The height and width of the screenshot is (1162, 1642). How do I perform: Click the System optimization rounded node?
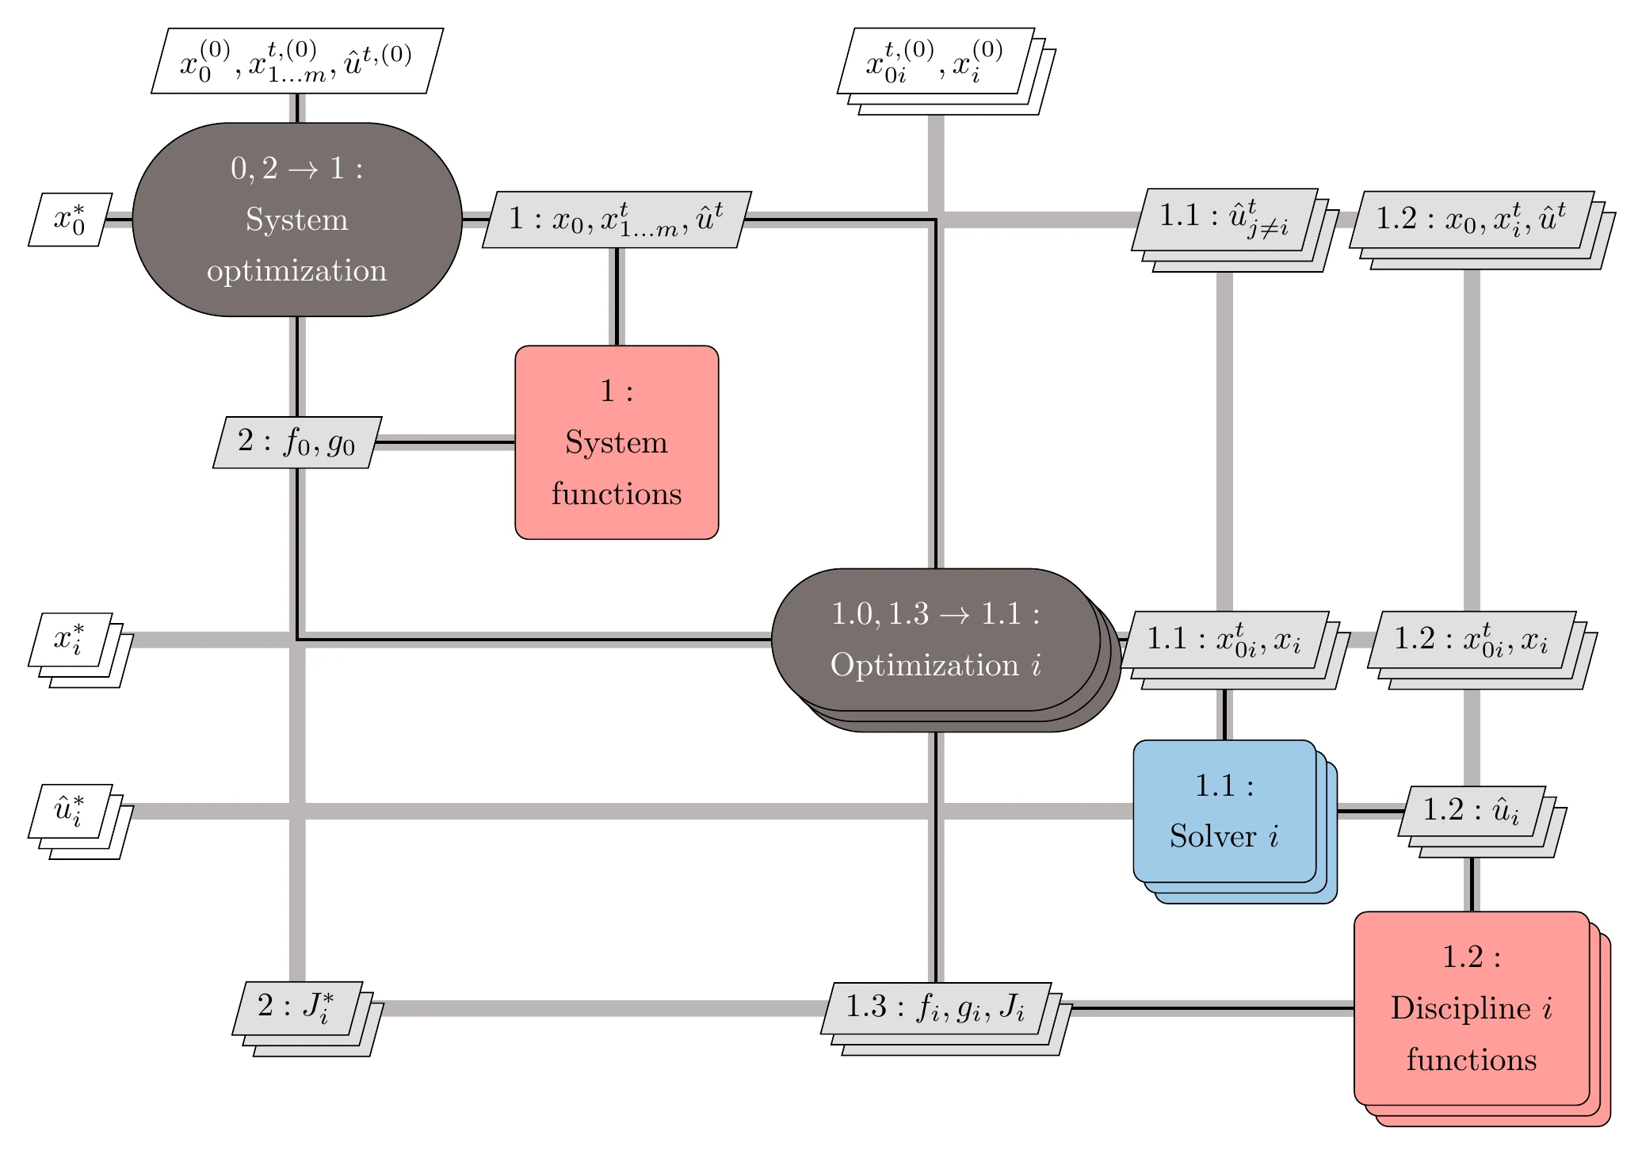296,220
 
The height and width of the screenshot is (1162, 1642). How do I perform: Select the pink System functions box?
616,442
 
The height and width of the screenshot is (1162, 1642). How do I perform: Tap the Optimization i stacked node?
935,640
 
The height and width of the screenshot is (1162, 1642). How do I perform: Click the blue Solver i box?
1224,811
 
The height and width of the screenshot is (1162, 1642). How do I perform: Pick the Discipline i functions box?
1471,1008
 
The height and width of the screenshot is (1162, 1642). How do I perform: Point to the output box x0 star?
70,220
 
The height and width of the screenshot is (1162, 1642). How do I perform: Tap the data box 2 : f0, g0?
296,441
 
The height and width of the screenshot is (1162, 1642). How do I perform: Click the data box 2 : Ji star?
296,1008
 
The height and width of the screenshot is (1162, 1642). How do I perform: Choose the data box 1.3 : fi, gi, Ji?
935,1008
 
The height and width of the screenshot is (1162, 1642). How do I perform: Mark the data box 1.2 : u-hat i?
1471,811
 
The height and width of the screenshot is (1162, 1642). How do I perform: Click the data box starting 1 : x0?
616,220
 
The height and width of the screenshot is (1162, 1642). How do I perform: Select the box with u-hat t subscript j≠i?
1224,220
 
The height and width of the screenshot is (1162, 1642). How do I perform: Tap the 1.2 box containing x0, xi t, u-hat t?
1471,220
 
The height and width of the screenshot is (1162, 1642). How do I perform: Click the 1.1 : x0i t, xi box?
1224,640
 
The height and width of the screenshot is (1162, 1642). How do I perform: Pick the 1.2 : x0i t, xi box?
1471,640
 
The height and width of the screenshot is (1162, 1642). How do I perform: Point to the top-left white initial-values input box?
296,61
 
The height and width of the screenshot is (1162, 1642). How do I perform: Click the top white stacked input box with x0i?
935,61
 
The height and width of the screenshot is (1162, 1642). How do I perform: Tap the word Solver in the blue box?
1212,837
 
